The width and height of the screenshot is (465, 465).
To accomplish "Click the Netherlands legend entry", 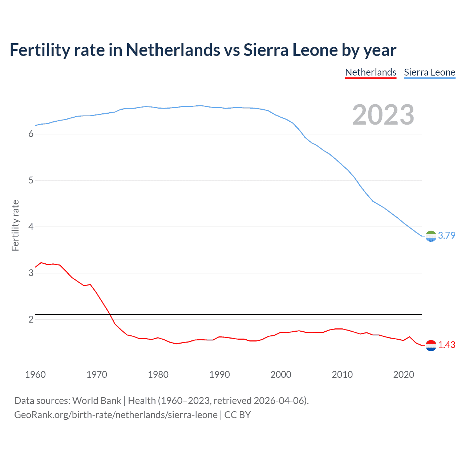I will point(371,72).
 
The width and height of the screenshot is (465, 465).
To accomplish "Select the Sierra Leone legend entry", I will point(429,72).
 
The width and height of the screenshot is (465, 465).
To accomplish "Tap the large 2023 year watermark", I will point(383,115).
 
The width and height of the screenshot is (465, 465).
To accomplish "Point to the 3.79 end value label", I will point(446,235).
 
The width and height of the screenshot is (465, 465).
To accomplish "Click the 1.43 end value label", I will point(446,345).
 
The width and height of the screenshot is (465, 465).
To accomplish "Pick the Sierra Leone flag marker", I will point(431,236).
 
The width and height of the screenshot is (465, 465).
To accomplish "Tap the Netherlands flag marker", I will point(431,345).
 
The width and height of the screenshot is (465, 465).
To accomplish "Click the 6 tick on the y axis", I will point(31,134).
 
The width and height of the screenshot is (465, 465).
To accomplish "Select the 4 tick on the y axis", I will point(31,227).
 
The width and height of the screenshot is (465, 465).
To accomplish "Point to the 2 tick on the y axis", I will point(31,319).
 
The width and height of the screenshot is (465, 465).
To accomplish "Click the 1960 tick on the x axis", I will point(35,375).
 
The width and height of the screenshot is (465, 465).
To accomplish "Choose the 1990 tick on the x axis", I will point(219,375).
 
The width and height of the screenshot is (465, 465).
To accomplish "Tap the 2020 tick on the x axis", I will point(404,375).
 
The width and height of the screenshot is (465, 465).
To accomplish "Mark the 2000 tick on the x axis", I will point(281,375).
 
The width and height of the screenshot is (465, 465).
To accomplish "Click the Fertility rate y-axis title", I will point(15,225).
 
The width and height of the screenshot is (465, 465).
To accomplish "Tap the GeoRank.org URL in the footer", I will point(116,415).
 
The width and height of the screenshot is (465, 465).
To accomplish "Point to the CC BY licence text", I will point(238,415).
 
